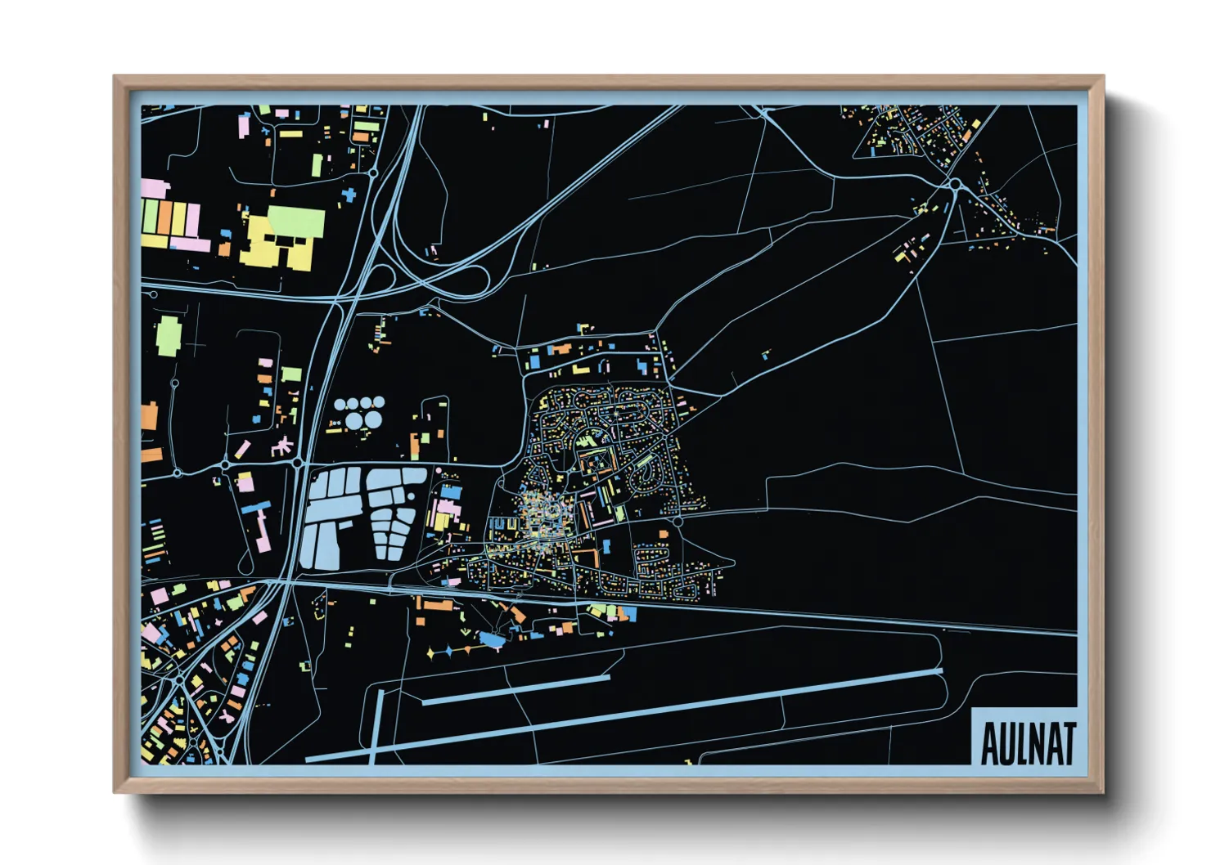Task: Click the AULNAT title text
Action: [1027, 742]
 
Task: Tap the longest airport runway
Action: [622, 713]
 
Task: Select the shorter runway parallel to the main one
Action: [515, 689]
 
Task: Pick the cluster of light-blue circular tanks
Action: [358, 411]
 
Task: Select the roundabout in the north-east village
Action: [955, 185]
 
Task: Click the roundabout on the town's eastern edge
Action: [678, 521]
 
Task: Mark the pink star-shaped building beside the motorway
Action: [281, 446]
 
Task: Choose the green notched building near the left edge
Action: [168, 335]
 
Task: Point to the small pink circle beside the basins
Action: [439, 470]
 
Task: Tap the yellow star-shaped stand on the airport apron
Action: [431, 654]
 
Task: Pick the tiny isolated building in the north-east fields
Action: [766, 355]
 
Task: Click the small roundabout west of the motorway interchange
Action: [373, 173]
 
